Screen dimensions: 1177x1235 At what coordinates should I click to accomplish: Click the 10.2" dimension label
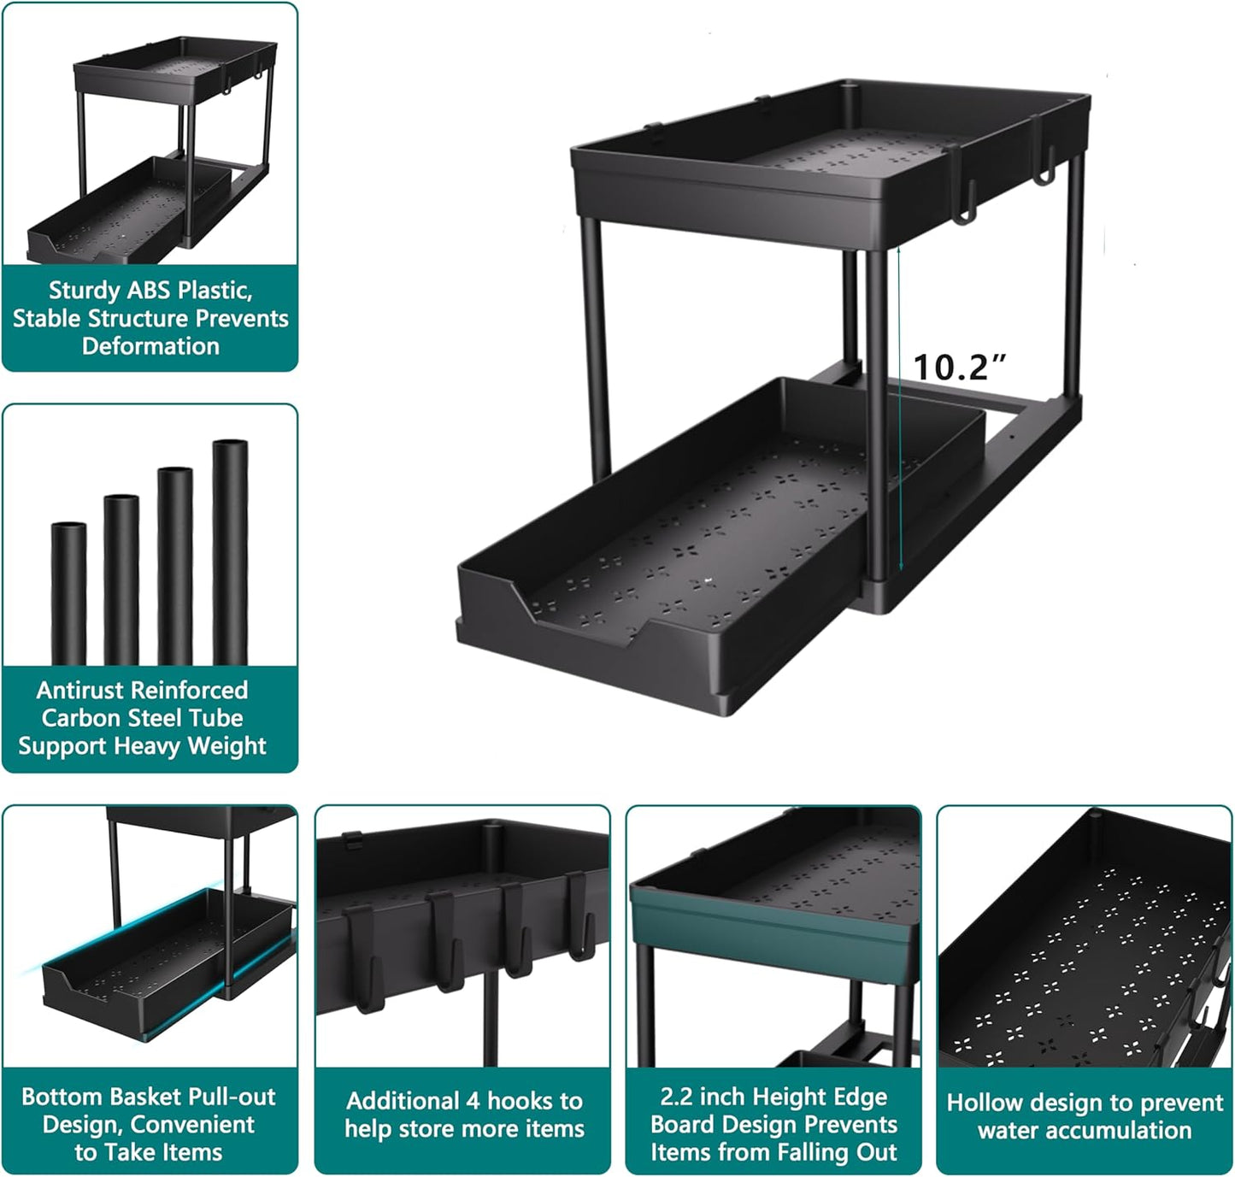tap(959, 368)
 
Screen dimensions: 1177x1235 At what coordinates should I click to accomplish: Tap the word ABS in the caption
tap(150, 291)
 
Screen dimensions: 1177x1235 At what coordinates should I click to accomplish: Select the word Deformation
tap(150, 346)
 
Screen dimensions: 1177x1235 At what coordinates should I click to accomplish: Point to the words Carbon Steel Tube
tap(143, 718)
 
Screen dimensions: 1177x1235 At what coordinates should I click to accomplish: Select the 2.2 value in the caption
tap(676, 1097)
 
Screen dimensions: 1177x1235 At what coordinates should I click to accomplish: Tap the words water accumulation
tap(1085, 1131)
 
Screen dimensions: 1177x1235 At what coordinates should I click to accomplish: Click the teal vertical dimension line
tap(898, 410)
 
